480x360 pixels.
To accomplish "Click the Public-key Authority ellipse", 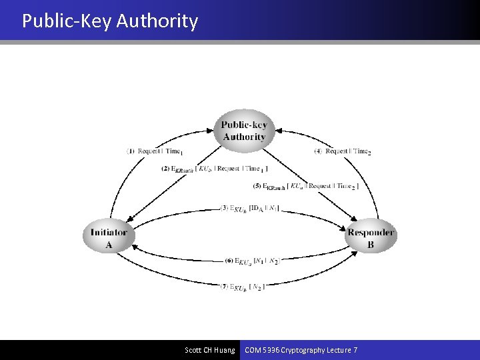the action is tap(243, 131).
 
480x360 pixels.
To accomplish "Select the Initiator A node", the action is tap(109, 238).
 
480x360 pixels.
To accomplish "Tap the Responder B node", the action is tap(371, 238).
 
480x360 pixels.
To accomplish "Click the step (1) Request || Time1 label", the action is tap(155, 151).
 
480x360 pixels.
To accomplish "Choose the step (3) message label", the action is tap(249, 209).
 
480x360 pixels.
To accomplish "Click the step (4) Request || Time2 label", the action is tap(343, 151).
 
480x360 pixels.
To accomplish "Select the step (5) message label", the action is tap(305, 186).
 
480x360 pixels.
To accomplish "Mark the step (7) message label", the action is tap(243, 287).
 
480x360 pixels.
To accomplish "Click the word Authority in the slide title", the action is tap(157, 21).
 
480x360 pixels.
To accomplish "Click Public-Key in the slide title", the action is tap(67, 21).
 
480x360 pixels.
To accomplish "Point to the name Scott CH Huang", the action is tap(210, 350).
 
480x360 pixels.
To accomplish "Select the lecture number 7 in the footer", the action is tap(355, 350).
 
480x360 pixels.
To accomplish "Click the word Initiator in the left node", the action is tap(109, 232).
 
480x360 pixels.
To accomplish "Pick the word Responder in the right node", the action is tap(371, 232).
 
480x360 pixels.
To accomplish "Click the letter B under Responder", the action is tap(371, 245).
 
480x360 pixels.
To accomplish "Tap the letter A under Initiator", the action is tap(109, 245).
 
